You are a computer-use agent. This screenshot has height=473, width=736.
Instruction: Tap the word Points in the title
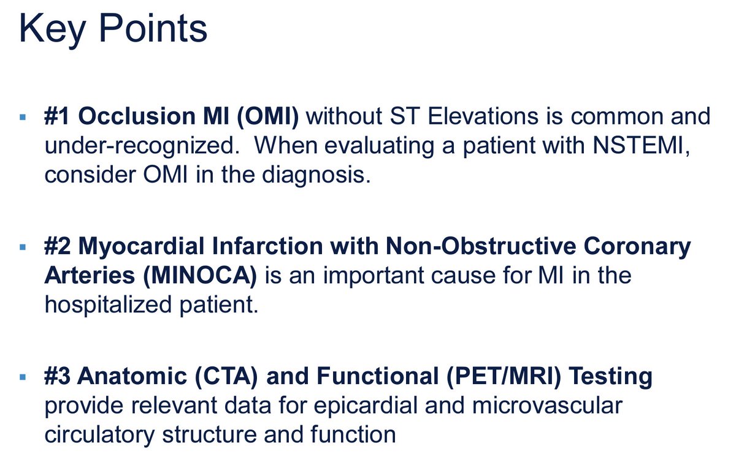click(153, 28)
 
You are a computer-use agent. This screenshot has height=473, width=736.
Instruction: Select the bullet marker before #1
click(23, 117)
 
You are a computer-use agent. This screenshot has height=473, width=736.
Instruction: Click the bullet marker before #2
click(23, 247)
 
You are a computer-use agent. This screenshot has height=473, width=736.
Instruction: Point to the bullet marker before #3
click(23, 377)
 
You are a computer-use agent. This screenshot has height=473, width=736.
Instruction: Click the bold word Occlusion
click(137, 116)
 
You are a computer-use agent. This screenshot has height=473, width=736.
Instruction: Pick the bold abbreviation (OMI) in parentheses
click(268, 117)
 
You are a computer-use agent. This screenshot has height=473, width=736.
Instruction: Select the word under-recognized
click(142, 146)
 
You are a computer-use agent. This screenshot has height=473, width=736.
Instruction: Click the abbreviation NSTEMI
click(641, 145)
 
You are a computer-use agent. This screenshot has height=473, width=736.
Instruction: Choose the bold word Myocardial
click(141, 247)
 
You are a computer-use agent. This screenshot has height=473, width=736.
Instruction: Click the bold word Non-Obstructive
click(481, 246)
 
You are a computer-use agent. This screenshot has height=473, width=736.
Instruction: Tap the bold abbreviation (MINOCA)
click(200, 276)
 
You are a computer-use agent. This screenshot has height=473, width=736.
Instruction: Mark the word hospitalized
click(108, 305)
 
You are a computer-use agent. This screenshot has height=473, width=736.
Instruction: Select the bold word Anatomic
click(132, 376)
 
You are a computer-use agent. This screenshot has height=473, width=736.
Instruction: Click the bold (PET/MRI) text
click(504, 376)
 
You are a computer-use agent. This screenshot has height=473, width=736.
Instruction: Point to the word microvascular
click(547, 406)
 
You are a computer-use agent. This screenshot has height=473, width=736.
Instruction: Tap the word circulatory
click(99, 435)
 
